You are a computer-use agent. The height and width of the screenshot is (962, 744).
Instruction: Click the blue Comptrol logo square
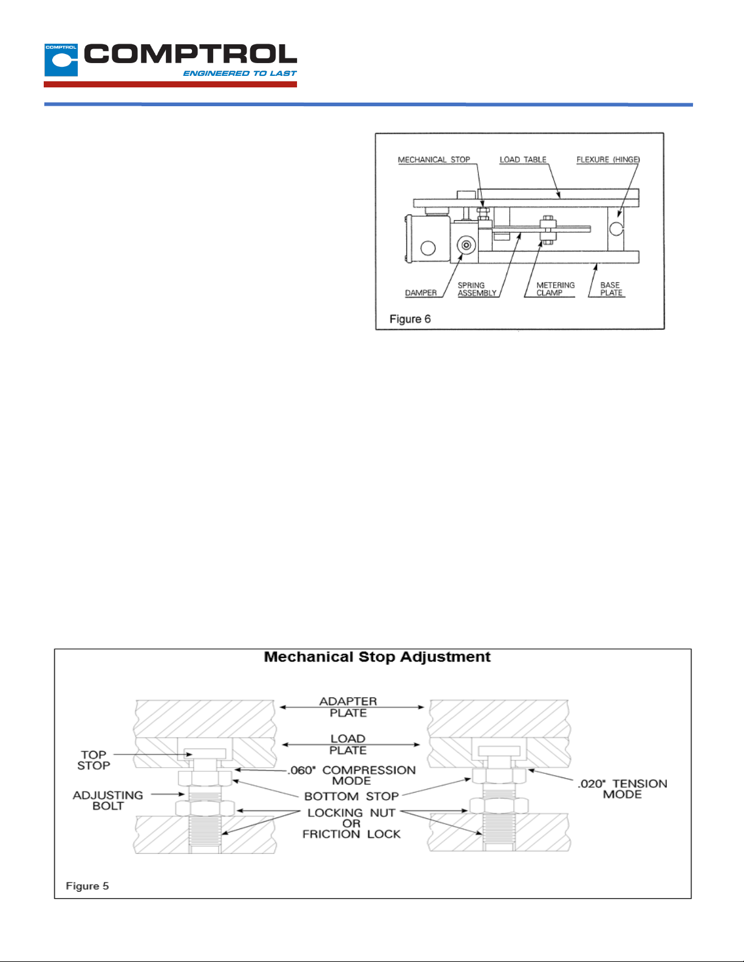(x=61, y=59)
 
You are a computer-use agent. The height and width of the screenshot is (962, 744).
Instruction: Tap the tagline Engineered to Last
(x=239, y=73)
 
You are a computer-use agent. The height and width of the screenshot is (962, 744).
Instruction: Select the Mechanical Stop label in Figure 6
(x=434, y=160)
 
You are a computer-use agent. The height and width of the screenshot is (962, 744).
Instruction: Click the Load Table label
(x=523, y=160)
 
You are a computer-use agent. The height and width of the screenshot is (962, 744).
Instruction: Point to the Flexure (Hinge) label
(x=608, y=160)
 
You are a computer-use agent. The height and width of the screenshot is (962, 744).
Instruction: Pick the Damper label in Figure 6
(x=421, y=293)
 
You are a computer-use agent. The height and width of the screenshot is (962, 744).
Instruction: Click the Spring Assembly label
(x=477, y=289)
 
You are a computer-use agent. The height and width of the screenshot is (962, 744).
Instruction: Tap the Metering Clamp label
(x=555, y=289)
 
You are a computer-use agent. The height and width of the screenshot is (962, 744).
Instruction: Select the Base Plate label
(x=611, y=289)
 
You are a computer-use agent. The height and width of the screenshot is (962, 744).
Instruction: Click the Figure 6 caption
(x=410, y=319)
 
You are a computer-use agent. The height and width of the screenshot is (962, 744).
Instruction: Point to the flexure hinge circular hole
(x=616, y=228)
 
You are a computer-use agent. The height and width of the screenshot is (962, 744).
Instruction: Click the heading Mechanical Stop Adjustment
(x=377, y=657)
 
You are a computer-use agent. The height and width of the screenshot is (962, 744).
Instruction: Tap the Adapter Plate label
(x=348, y=707)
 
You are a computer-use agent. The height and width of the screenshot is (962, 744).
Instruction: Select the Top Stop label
(x=94, y=760)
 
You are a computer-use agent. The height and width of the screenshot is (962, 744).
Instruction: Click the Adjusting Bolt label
(x=108, y=801)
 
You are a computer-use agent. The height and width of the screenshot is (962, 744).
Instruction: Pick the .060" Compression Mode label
(x=352, y=775)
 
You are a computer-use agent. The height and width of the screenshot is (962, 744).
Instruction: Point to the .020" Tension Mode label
(x=622, y=789)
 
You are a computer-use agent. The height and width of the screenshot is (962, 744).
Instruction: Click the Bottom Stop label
(x=352, y=796)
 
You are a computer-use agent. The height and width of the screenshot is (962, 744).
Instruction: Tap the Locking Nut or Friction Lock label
(x=352, y=824)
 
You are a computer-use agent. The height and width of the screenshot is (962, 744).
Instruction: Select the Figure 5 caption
(x=87, y=886)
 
